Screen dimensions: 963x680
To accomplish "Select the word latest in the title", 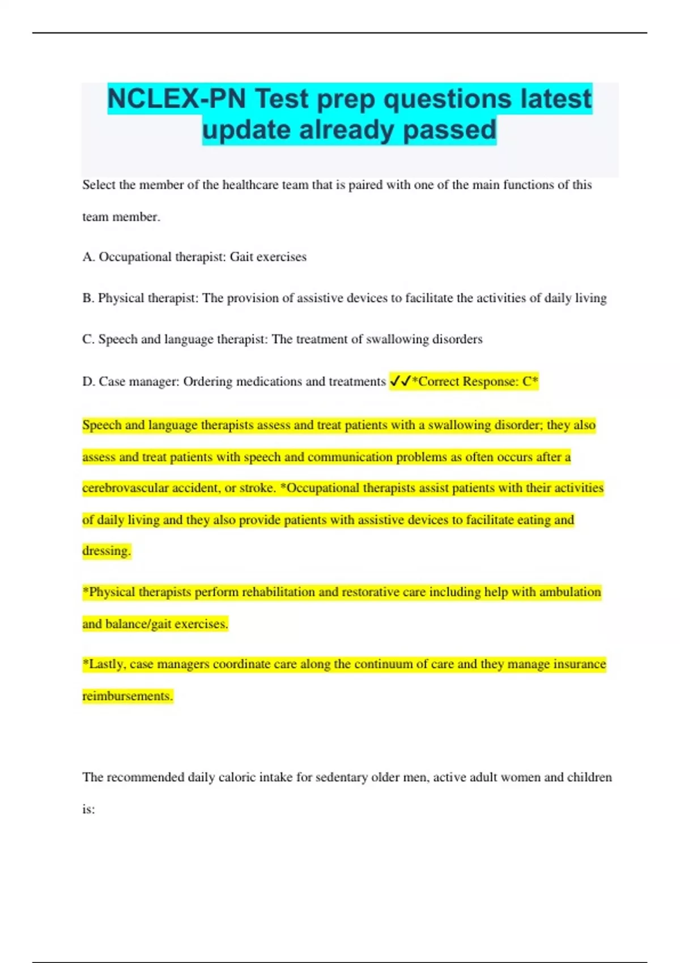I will point(556,99).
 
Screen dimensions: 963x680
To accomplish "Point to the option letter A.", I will point(87,257).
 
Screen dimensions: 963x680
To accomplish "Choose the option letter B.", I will point(87,298).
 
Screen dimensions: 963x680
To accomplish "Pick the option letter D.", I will point(88,382).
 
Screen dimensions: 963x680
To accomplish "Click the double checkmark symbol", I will point(400,382).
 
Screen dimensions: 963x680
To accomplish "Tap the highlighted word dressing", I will point(107,551).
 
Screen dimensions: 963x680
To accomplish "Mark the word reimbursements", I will point(127,696).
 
